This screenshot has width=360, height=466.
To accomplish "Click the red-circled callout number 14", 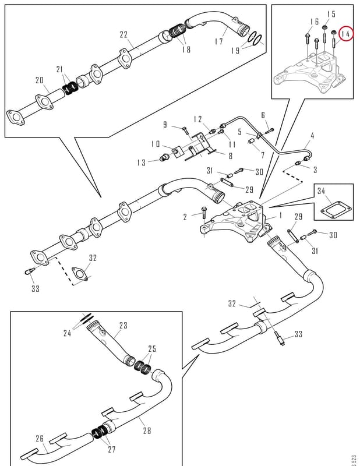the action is click(x=345, y=34).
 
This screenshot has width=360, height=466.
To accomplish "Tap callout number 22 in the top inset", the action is click(x=123, y=35).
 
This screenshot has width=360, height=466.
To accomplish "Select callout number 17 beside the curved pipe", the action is click(x=219, y=41).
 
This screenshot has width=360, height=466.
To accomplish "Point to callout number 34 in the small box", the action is click(x=321, y=191).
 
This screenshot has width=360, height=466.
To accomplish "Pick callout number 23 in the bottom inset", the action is click(x=123, y=326).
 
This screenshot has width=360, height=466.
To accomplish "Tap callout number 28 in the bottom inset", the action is click(x=147, y=430).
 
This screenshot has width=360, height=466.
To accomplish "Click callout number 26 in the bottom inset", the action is click(x=40, y=439).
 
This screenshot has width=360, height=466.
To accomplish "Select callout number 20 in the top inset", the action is click(x=40, y=80).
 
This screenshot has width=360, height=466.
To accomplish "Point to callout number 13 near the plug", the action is click(x=142, y=163).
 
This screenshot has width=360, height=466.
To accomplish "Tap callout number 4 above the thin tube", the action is click(x=312, y=136).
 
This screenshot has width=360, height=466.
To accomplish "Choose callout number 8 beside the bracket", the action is click(x=230, y=156).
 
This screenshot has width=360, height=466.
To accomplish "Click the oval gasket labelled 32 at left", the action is click(x=80, y=274).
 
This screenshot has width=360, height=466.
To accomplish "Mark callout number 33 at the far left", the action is click(x=36, y=288).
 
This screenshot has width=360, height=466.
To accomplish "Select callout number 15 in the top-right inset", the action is click(x=331, y=14).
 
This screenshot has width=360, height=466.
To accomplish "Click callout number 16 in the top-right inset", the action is click(x=314, y=22).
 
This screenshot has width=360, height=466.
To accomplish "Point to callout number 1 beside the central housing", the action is click(x=280, y=215).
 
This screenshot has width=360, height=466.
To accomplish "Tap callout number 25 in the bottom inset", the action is click(x=152, y=348).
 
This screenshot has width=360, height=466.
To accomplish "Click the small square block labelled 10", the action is click(x=176, y=151).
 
